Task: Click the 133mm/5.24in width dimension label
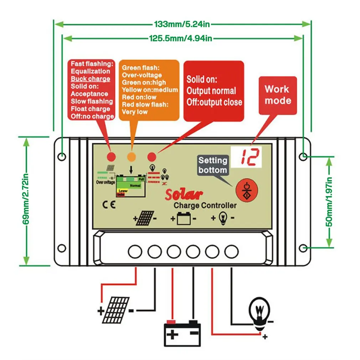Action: pyautogui.click(x=182, y=24)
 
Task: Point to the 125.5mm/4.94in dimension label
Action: pyautogui.click(x=180, y=38)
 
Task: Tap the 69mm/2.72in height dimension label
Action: pyautogui.click(x=26, y=201)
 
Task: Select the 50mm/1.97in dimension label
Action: pyautogui.click(x=329, y=202)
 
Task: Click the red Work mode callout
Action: pyautogui.click(x=278, y=95)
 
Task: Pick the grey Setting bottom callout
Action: pyautogui.click(x=213, y=165)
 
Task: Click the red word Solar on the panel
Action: pyautogui.click(x=184, y=194)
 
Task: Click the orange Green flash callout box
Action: pyautogui.click(x=149, y=90)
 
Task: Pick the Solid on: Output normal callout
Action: pyautogui.click(x=214, y=91)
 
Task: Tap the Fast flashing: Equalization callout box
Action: pyautogui.click(x=91, y=90)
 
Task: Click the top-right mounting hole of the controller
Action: pyautogui.click(x=303, y=156)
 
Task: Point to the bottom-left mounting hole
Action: pyautogui.click(x=61, y=248)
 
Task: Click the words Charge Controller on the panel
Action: pyautogui.click(x=205, y=205)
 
